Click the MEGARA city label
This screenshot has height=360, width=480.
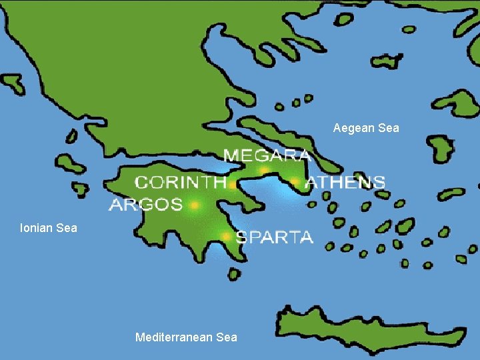267,156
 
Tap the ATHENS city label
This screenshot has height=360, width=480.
345,182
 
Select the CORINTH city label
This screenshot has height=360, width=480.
180,182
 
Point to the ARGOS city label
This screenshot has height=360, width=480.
145,204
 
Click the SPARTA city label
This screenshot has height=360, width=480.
275,237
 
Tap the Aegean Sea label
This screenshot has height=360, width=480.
366,128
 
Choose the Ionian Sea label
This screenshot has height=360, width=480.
49,228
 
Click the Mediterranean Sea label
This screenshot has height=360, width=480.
186,337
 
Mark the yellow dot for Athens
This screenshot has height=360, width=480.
294,181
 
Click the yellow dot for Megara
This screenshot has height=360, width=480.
264,171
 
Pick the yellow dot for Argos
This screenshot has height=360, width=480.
195,205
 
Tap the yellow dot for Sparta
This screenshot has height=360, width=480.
226,236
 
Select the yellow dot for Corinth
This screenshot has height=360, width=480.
232,185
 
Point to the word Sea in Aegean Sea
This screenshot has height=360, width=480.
388,128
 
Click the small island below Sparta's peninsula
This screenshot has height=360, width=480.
233,273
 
